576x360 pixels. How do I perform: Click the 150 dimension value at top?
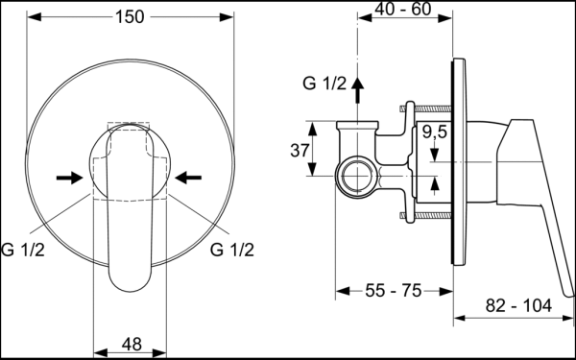(x=127, y=16)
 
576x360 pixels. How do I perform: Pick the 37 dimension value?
(x=300, y=150)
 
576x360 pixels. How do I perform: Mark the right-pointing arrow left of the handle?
(x=70, y=177)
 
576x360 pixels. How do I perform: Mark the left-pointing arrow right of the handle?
(x=189, y=177)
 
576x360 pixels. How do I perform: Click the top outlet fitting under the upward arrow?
(x=357, y=126)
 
